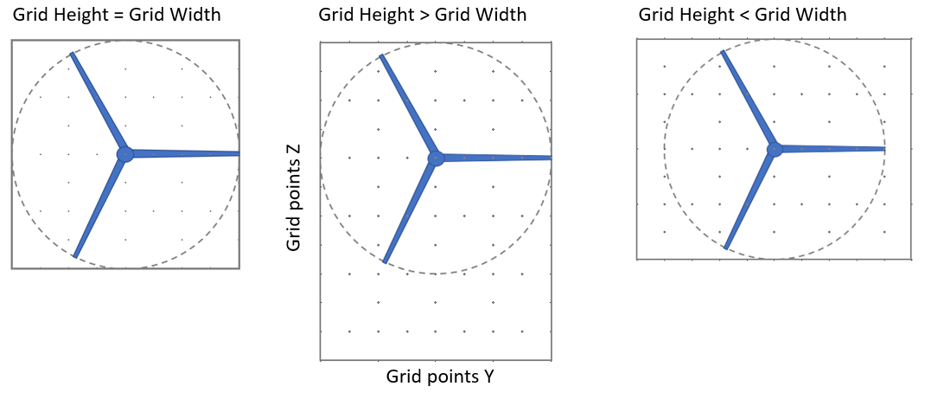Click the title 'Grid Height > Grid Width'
(422, 16)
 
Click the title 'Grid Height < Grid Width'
(742, 16)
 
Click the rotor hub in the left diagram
(125, 154)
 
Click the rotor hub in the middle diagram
(436, 158)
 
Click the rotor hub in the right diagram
(775, 149)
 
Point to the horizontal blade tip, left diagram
(238, 153)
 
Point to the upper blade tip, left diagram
(73, 55)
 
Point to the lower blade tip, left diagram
(75, 256)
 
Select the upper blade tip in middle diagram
(382, 56)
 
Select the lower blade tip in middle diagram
(384, 261)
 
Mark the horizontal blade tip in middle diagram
(550, 158)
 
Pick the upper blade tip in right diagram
(723, 52)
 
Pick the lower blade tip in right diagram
(726, 248)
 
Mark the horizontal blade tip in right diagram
(883, 149)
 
